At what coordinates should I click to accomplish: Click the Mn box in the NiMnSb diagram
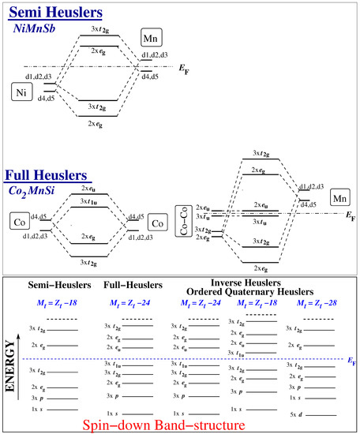(x=152, y=38)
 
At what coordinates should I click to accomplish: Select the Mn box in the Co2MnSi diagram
(x=341, y=197)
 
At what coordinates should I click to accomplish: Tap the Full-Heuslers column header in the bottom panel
(x=133, y=285)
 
